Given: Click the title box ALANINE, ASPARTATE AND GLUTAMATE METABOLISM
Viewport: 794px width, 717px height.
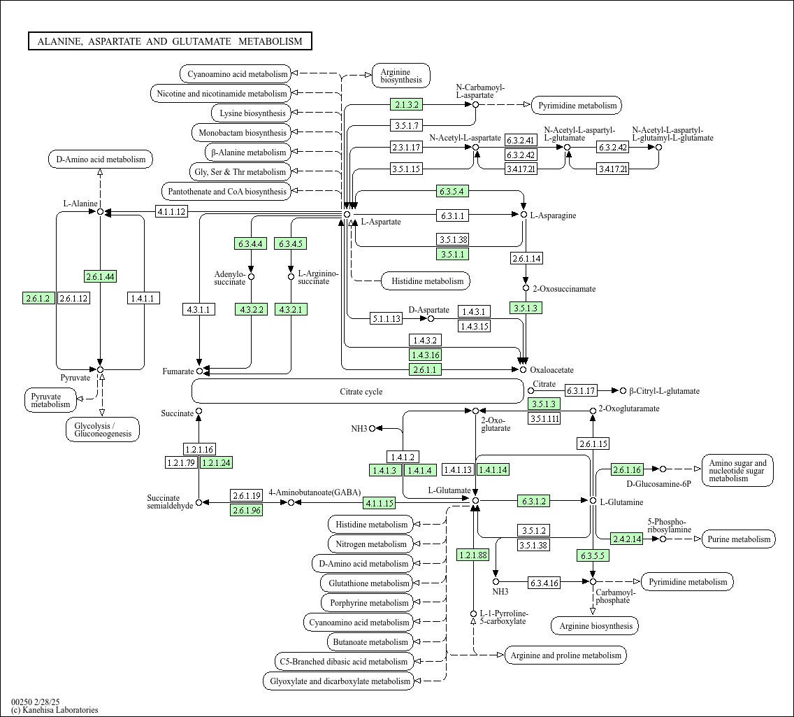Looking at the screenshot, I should pos(170,41).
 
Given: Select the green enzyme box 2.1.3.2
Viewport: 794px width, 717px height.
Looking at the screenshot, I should pos(407,105).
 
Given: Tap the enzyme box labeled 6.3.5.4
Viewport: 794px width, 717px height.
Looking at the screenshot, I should pos(452,191).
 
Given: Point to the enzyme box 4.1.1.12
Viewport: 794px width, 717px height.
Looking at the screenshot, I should pos(171,211).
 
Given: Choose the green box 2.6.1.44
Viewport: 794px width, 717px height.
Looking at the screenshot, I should pos(100,276).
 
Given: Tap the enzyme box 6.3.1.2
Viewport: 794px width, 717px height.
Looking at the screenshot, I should pos(533,501).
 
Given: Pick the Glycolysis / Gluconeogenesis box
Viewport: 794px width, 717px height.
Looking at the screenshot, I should pos(103,430).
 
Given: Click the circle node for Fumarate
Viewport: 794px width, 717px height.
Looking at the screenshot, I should pos(199,371).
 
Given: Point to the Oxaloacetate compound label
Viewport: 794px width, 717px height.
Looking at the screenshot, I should pos(551,370).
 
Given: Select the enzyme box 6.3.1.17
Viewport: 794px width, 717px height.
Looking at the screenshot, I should pos(581,391).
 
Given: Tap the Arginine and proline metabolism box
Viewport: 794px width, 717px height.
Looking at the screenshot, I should pos(565,655).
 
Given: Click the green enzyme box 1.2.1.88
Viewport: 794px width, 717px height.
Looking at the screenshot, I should pos(473,555).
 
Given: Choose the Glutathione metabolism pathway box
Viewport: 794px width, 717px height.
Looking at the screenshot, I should pos(368,583).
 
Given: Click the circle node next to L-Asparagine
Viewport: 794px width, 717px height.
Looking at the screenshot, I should pos(523,214).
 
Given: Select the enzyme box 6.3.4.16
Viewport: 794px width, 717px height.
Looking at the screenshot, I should pos(544,582).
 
